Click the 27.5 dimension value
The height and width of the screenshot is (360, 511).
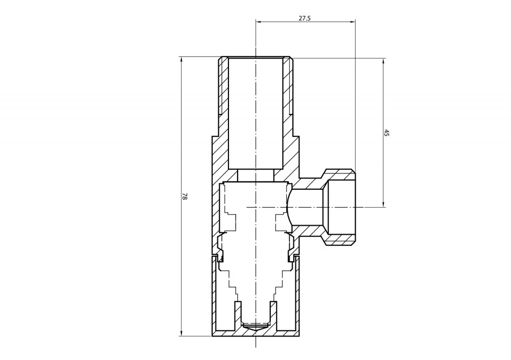tap(305, 18)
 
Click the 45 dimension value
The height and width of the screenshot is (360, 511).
tap(387, 133)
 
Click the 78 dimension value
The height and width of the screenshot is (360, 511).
tap(184, 196)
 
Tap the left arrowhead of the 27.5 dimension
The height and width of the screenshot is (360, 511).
tap(259, 22)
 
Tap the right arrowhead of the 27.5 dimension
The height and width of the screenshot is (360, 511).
tap(352, 22)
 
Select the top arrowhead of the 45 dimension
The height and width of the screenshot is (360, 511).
tap(383, 62)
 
